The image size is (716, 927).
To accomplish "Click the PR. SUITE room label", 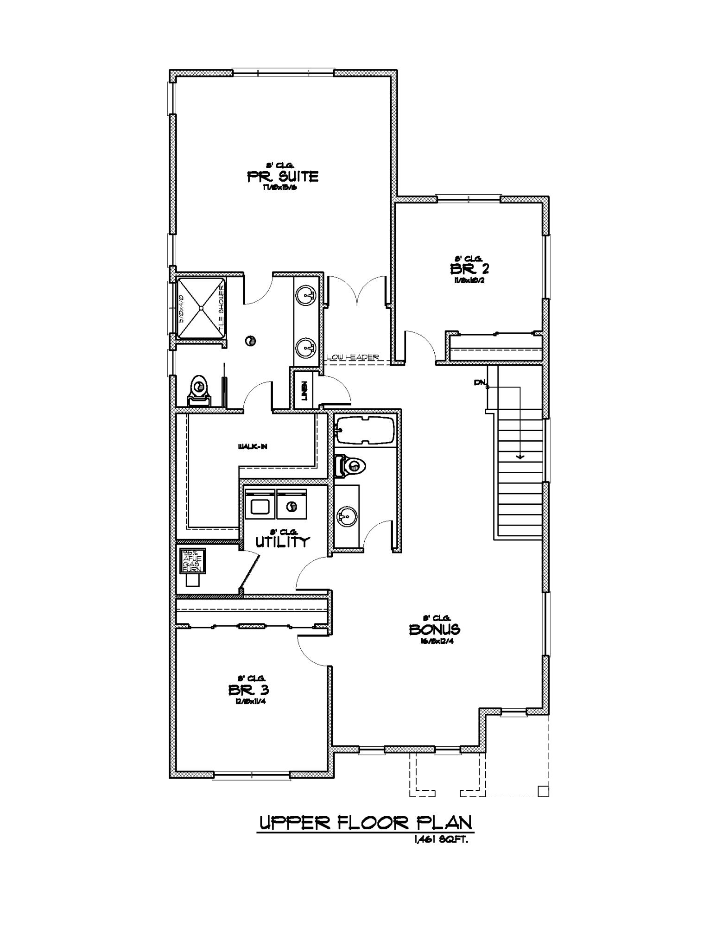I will click(283, 176).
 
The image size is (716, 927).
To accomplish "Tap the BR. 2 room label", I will click(468, 268).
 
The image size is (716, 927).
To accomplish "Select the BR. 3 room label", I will click(249, 690).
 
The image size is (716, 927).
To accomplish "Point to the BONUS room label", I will click(434, 629).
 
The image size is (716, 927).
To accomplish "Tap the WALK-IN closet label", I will click(253, 447).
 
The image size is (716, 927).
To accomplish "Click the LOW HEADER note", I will click(353, 357).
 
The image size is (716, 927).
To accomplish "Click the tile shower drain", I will click(201, 307).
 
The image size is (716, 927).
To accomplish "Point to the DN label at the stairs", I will click(479, 383).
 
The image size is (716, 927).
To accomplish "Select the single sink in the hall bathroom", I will click(345, 515).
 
